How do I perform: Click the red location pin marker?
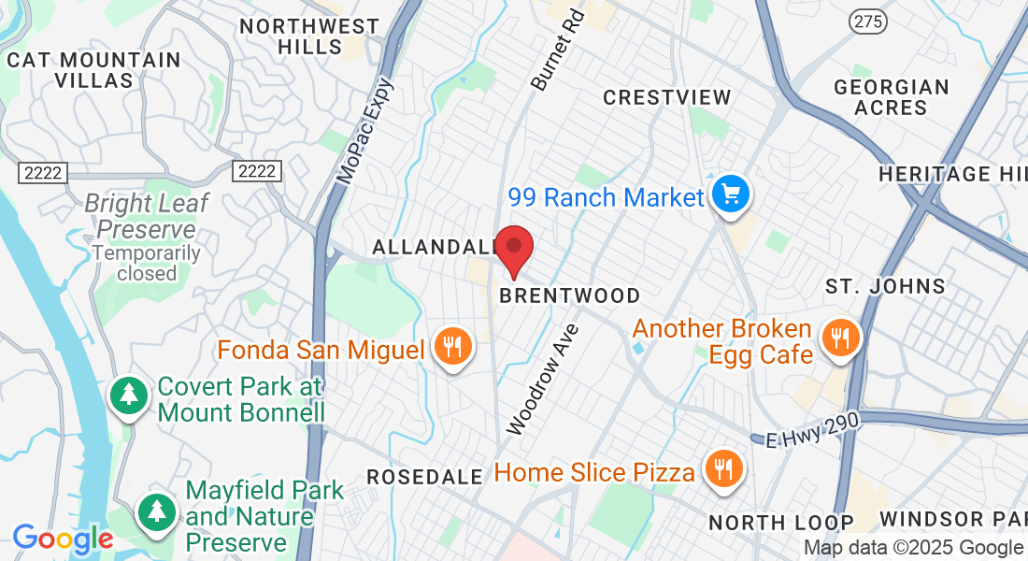513,249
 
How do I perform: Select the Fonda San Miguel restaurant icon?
453,348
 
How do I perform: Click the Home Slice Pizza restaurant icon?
722,469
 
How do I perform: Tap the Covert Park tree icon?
128,396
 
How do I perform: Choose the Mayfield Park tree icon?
157,511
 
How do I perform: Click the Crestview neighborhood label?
666,97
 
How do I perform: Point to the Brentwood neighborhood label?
570,295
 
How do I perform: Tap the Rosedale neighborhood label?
424,477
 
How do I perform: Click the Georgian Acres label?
891,97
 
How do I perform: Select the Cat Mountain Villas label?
93,70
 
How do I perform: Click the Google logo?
63,538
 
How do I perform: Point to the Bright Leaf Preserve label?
147,215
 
